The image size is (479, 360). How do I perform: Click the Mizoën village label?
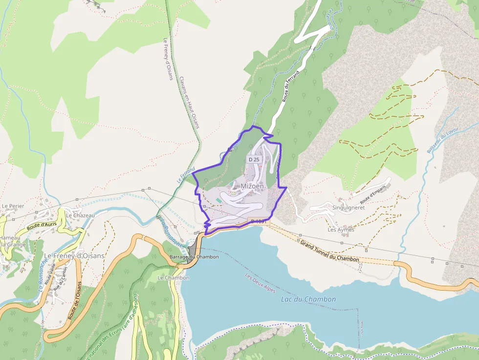(252, 186)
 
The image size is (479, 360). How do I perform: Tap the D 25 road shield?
(254, 159)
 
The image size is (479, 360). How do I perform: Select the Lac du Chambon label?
(308, 299)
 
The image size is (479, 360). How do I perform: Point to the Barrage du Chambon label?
(194, 256)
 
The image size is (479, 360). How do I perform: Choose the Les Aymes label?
(341, 230)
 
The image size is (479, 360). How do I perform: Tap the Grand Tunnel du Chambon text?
(329, 251)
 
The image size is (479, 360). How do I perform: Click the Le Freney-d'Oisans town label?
(74, 256)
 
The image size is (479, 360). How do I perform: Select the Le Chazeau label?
(80, 215)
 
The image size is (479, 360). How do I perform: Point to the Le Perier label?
(13, 206)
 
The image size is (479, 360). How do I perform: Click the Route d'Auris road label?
(42, 225)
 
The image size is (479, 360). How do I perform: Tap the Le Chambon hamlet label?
(173, 277)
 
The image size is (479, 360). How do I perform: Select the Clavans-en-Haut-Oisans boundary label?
(189, 103)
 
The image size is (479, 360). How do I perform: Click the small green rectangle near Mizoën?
(218, 200)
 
